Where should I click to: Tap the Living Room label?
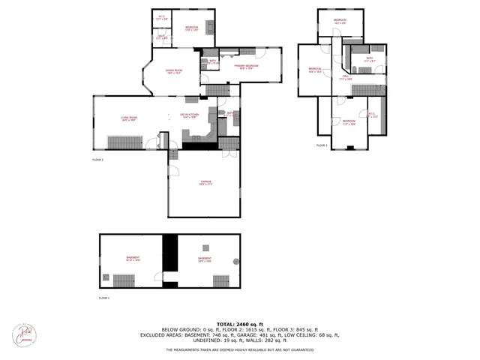tap(129, 118)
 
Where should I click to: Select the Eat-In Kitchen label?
tap(188, 116)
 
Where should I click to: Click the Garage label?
tap(205, 182)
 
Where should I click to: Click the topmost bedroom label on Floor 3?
tap(340, 21)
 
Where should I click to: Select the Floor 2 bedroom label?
tap(191, 28)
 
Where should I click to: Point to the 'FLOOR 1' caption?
tap(104, 298)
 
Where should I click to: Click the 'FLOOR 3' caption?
tap(322, 145)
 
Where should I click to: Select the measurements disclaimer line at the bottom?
tap(239, 349)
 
